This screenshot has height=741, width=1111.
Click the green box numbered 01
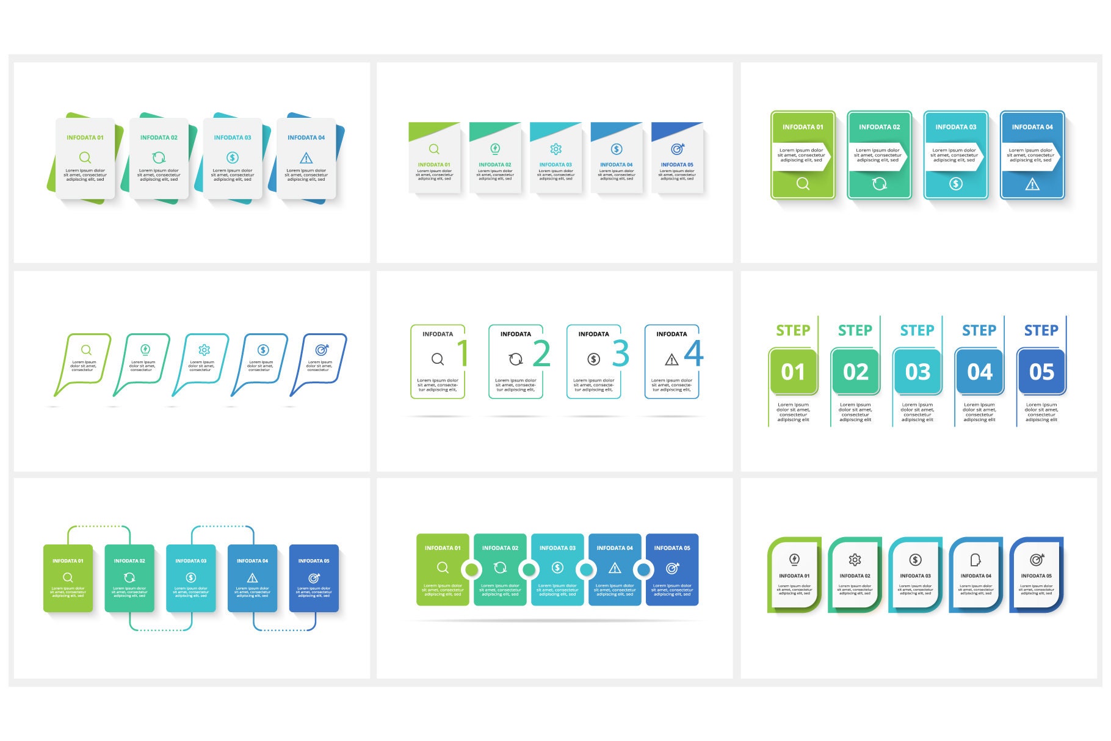pyautogui.click(x=793, y=372)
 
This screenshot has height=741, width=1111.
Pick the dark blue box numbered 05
pyautogui.click(x=1041, y=372)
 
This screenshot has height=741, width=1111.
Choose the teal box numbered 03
pyautogui.click(x=917, y=372)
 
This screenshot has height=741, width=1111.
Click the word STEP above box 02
pyautogui.click(x=855, y=330)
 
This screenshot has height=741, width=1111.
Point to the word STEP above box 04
pyautogui.click(x=979, y=330)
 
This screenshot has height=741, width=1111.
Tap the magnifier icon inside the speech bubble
pyautogui.click(x=86, y=350)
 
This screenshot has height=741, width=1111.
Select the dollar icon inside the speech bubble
pyautogui.click(x=263, y=350)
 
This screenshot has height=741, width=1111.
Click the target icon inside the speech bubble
pyautogui.click(x=322, y=350)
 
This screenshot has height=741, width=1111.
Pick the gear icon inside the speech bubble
pyautogui.click(x=204, y=350)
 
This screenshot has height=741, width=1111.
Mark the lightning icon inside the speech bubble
pyautogui.click(x=145, y=350)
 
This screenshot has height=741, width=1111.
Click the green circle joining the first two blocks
pyautogui.click(x=471, y=570)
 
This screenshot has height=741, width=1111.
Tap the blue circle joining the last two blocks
pyautogui.click(x=643, y=570)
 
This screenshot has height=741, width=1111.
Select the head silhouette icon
pyautogui.click(x=975, y=560)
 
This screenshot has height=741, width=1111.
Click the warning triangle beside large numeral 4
pyautogui.click(x=671, y=360)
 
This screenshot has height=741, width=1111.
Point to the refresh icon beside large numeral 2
pyautogui.click(x=516, y=360)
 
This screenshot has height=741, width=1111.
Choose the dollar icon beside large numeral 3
pyautogui.click(x=593, y=360)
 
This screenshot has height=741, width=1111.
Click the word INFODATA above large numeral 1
pyautogui.click(x=438, y=334)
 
